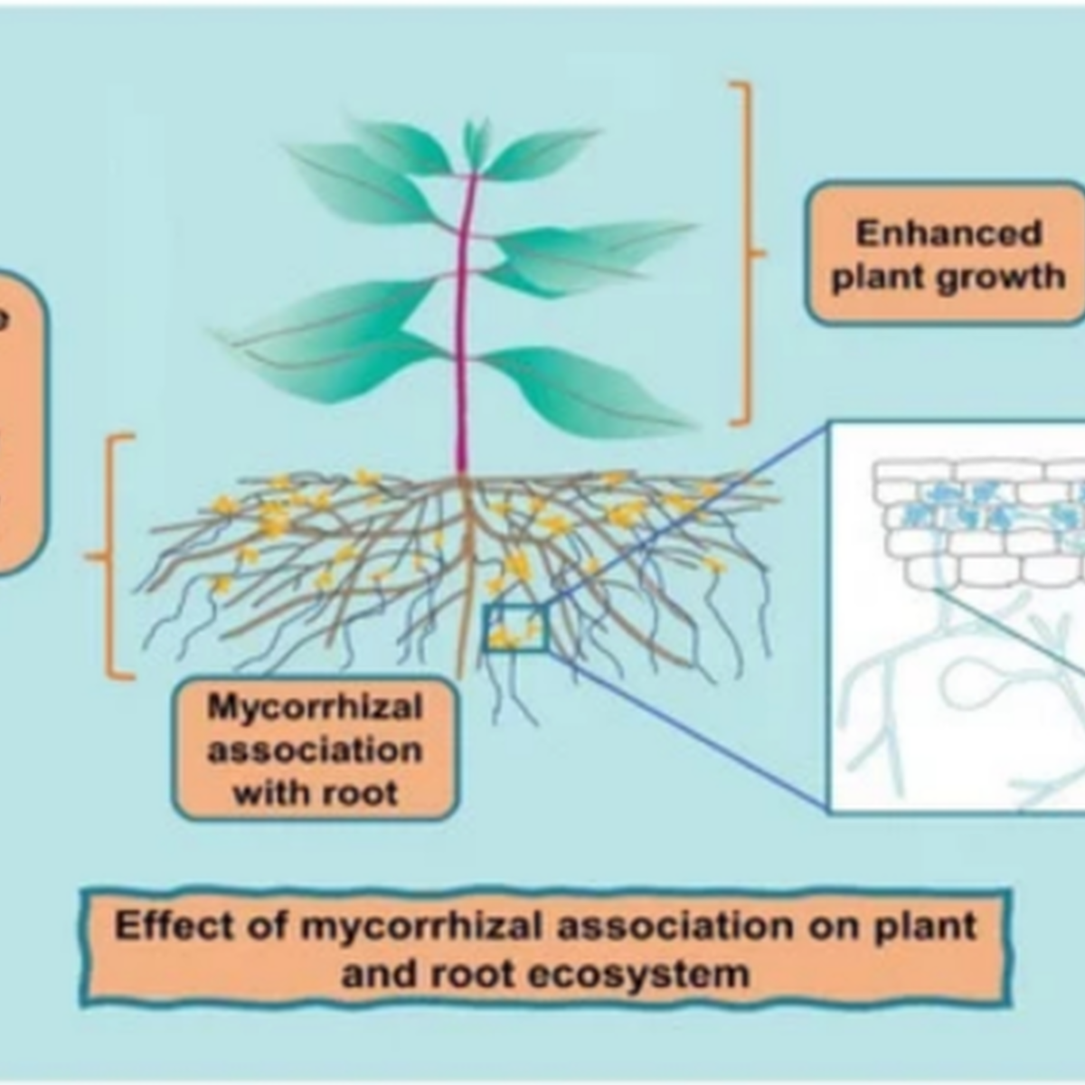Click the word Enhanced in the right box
[x=948, y=233]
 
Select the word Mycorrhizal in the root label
[x=315, y=706]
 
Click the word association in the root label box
[x=315, y=750]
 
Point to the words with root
[x=315, y=793]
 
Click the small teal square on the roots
[x=516, y=627]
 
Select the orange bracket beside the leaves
[x=747, y=253]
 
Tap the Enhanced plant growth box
[x=946, y=253]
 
